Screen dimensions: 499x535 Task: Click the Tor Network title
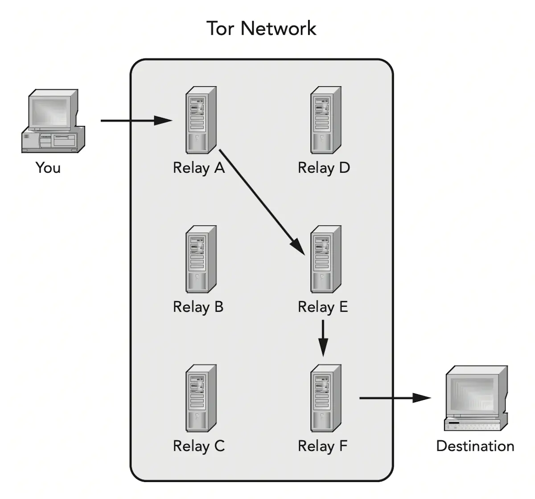[261, 29]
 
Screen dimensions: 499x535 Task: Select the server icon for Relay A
[201, 120]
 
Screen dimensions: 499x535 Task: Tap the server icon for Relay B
[201, 259]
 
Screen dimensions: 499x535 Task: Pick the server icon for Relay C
[201, 398]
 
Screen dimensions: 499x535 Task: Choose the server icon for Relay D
[325, 120]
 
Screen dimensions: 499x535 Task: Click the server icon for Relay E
[325, 259]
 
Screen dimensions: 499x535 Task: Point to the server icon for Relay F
[325, 398]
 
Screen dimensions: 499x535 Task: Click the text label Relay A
[198, 168]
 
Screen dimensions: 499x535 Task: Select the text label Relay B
[198, 307]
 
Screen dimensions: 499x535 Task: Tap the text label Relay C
[198, 446]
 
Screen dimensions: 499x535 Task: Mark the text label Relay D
[324, 168]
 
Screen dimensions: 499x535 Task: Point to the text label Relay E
[322, 307]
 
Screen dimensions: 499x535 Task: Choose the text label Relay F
[322, 446]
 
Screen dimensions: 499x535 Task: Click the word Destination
[475, 446]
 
